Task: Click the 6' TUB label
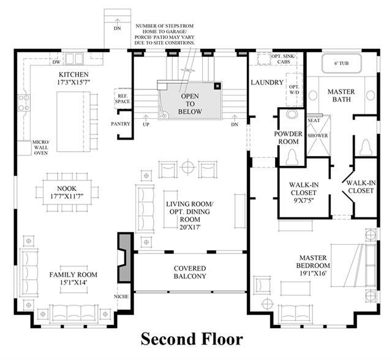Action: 341,63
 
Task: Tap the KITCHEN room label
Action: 73,75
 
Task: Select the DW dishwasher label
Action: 56,62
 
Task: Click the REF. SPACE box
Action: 123,99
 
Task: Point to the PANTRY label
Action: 121,124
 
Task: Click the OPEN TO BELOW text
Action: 190,103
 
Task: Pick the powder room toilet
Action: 292,157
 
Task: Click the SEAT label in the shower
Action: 314,121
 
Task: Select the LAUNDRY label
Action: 267,82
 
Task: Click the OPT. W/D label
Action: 294,89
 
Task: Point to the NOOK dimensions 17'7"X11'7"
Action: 67,196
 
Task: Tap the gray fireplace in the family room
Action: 124,258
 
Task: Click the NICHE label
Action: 121,296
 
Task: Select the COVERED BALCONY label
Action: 190,272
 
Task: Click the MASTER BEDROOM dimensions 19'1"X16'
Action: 313,273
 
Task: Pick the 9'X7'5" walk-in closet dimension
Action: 304,200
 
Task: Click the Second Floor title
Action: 192,339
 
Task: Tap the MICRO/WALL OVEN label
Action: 41,148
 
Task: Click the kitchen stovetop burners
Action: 24,103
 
